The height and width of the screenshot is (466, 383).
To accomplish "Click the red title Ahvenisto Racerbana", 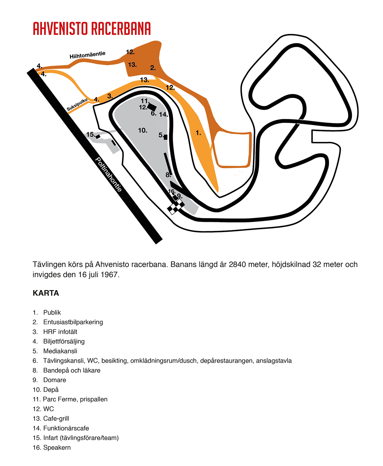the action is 92,28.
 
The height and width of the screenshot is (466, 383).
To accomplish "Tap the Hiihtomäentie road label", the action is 87,55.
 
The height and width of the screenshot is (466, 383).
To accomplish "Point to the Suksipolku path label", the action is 77,104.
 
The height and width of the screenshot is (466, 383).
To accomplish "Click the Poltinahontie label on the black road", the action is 109,174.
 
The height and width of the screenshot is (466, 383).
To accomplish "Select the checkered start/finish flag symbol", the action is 176,207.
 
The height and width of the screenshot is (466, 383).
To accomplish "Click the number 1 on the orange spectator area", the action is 198,133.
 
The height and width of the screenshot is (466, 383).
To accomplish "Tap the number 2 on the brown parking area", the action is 153,68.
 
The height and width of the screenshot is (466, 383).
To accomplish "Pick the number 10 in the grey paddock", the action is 142,130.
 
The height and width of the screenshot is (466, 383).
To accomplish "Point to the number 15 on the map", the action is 91,134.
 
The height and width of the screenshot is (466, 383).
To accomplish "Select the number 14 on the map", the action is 163,114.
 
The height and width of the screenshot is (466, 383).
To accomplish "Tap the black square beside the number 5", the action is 166,137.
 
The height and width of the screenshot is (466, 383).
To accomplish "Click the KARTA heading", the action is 46,293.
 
